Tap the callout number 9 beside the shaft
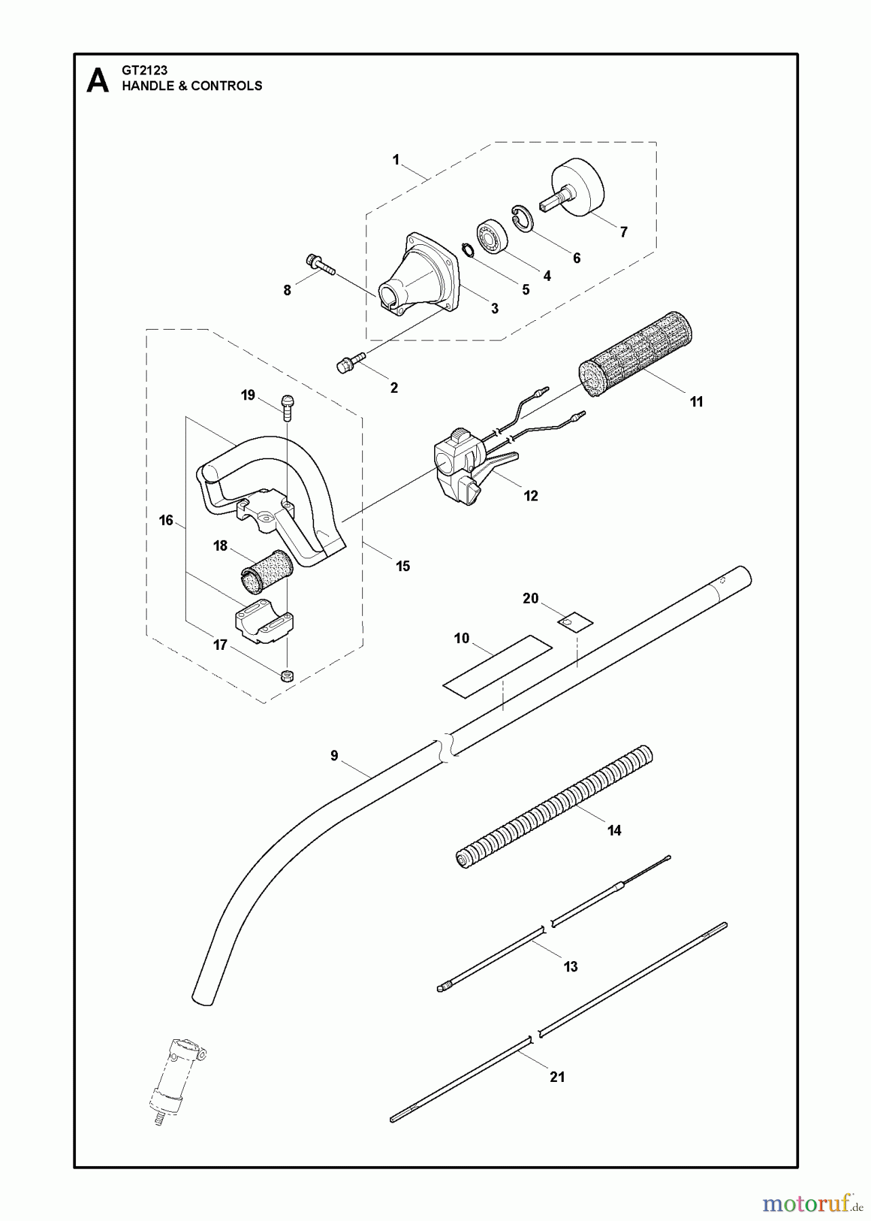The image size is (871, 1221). pyautogui.click(x=334, y=756)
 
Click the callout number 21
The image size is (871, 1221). pyautogui.click(x=557, y=1077)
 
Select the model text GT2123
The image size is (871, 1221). pyautogui.click(x=144, y=70)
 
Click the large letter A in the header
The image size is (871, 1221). pyautogui.click(x=98, y=81)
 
